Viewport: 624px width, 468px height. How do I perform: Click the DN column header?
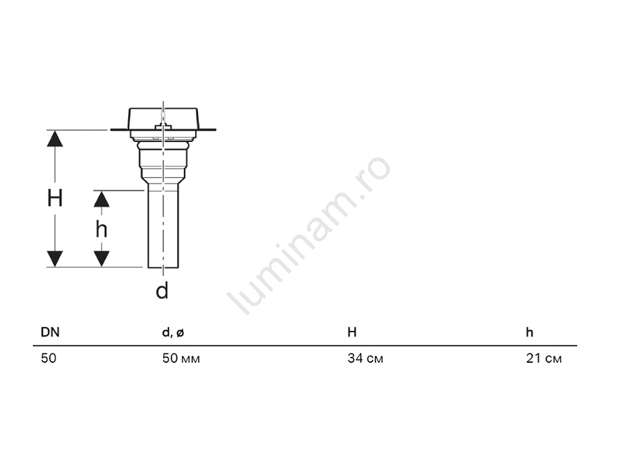pos(50,332)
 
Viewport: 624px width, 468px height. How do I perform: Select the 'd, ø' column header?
pos(173,333)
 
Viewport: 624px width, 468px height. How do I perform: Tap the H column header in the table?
pos(352,332)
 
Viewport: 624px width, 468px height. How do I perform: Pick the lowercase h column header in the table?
pos(530,332)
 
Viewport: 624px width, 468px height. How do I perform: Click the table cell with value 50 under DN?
pos(48,358)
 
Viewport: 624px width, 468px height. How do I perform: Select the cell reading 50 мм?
pos(181,358)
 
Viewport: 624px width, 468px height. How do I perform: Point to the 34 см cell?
pos(365,358)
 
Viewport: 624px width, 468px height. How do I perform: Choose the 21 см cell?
pos(544,358)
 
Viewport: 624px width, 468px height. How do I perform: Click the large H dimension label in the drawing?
pos(55,198)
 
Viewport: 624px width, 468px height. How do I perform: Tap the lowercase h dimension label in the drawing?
pos(101,229)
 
